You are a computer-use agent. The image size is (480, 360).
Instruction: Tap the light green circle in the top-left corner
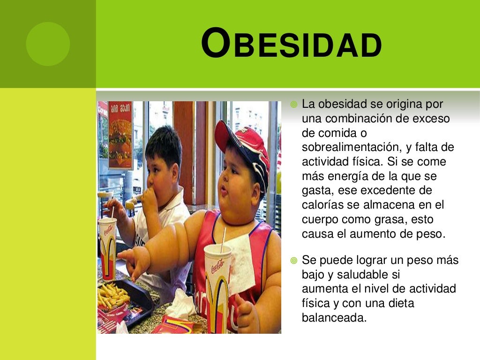coord(48,44)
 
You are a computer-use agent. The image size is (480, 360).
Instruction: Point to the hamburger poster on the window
coord(120,135)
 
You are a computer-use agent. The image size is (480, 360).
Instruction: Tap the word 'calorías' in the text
coord(320,205)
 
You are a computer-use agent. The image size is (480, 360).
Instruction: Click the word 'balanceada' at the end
coord(333,318)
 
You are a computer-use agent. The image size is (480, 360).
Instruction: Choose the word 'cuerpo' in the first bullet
coord(321,220)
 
